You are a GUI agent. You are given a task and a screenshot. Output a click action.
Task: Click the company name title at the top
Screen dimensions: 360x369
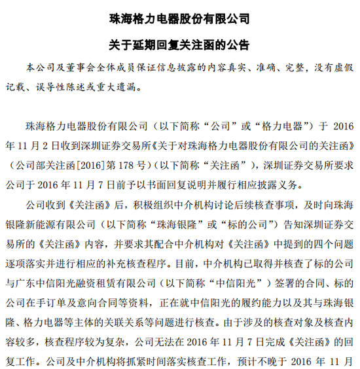pos(180,19)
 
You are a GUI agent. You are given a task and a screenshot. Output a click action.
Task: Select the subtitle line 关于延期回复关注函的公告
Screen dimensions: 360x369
pos(180,44)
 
